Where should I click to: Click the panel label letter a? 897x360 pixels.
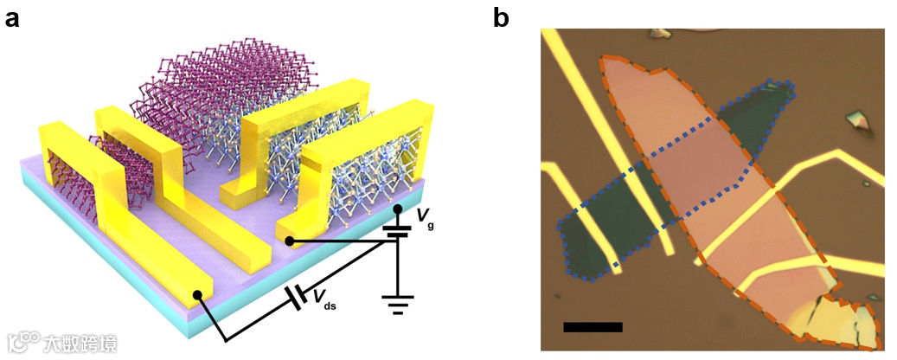tap(12, 17)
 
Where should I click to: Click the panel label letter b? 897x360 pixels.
tap(502, 17)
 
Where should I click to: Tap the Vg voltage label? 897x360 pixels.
tap(423, 217)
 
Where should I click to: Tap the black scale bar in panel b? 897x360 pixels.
tap(593, 327)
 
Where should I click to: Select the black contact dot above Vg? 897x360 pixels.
tap(397, 209)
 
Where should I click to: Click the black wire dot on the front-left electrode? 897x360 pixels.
tap(199, 295)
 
